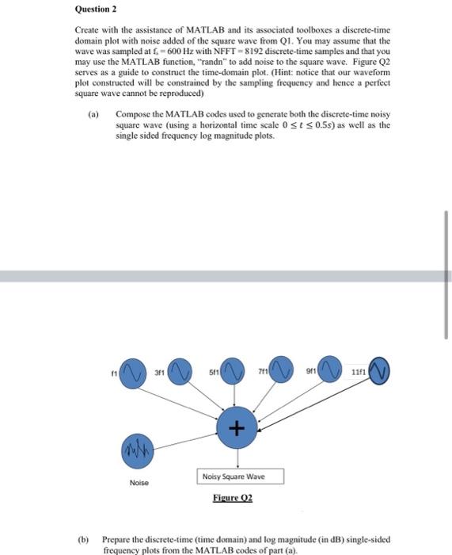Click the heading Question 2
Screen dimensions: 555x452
point(95,10)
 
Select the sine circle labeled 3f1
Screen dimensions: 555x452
point(183,372)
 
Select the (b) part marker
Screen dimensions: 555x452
point(83,536)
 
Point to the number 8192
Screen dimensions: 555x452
point(238,51)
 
